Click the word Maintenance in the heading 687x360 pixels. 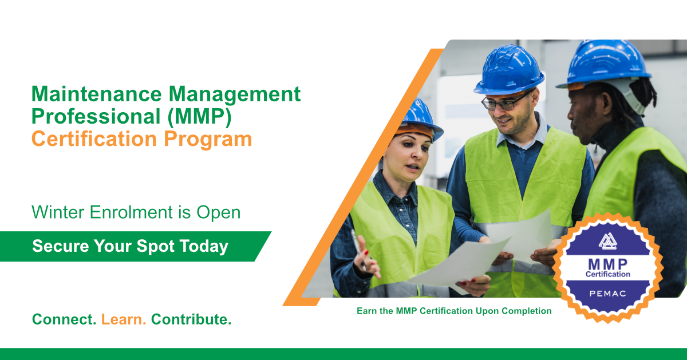(97, 93)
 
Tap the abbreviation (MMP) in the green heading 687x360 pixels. (199, 117)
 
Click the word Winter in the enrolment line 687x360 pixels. (58, 212)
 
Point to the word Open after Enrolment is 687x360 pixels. (218, 213)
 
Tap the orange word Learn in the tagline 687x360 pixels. (124, 319)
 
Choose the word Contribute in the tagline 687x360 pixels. (191, 319)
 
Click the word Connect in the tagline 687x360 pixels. (64, 319)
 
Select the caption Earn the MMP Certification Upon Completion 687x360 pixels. (454, 311)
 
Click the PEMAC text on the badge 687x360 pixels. (607, 294)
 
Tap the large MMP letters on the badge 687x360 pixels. (607, 264)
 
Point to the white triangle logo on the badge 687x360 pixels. (607, 241)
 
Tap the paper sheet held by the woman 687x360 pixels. (460, 264)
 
